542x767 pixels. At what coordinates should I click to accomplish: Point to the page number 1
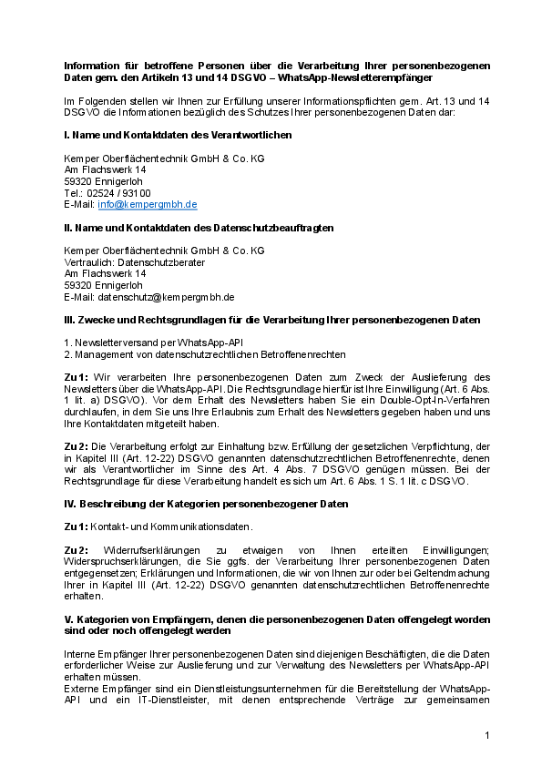pos(487,734)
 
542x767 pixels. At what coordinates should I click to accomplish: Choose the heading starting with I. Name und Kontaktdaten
pos(178,135)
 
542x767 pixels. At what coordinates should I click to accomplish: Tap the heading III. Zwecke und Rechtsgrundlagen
pos(272,320)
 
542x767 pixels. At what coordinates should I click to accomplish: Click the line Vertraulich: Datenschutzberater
pos(134,261)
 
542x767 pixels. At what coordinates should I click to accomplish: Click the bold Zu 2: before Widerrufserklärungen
pos(77,550)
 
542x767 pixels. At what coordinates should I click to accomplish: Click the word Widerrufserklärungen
pos(147,550)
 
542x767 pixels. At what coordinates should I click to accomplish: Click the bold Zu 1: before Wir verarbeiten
pos(76,377)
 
